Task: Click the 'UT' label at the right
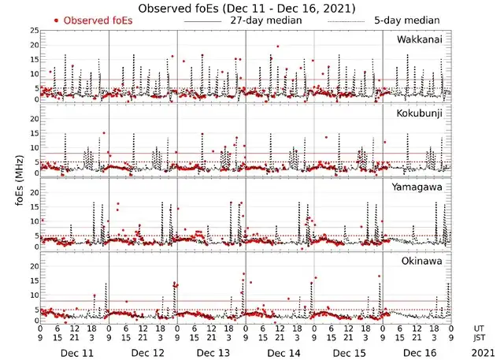click(x=479, y=328)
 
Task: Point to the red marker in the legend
click(x=56, y=20)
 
